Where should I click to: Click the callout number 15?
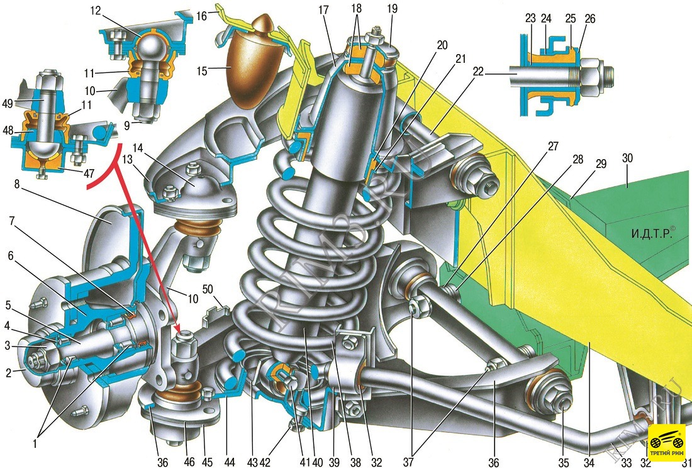click(202, 70)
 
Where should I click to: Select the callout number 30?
click(628, 158)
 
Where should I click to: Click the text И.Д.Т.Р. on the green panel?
click(650, 233)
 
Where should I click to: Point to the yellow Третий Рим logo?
click(666, 442)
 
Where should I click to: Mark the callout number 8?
click(17, 184)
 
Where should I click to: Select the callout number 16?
click(202, 17)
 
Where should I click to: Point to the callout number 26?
click(589, 19)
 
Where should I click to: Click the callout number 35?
click(564, 462)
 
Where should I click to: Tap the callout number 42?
click(264, 462)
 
